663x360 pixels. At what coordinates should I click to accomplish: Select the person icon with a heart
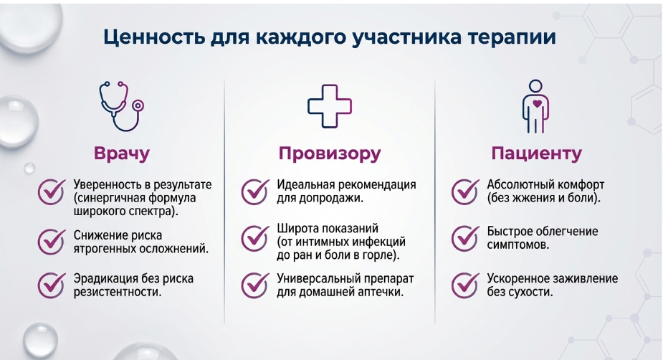tap(535, 107)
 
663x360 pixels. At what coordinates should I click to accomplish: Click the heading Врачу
tap(122, 153)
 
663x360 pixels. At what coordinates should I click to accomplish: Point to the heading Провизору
tap(330, 153)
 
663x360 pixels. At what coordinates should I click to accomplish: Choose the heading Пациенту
tap(536, 153)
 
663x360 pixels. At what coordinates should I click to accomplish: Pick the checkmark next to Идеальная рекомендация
tap(255, 191)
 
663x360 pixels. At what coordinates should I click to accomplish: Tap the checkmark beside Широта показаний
tap(255, 238)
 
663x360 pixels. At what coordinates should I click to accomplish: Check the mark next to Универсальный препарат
tap(255, 285)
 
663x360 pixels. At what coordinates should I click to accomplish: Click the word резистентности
tap(118, 292)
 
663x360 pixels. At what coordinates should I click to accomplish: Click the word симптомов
tap(518, 245)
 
